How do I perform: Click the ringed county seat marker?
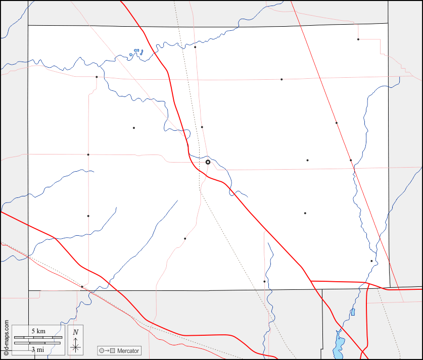click(x=208, y=162)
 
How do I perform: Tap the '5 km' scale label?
click(x=38, y=331)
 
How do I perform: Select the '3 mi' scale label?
click(x=37, y=349)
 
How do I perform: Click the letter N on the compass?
click(x=75, y=332)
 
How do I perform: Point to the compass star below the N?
click(x=75, y=346)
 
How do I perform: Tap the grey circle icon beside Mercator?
click(x=102, y=350)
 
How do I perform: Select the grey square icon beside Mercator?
click(x=113, y=350)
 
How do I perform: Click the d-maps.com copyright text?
click(x=6, y=339)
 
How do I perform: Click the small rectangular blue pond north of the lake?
click(x=353, y=312)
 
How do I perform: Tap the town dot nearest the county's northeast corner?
click(x=358, y=39)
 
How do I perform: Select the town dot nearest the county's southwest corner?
click(x=82, y=286)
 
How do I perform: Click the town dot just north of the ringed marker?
click(x=202, y=127)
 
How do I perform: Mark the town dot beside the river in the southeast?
click(x=371, y=261)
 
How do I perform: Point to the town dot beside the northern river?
click(x=195, y=47)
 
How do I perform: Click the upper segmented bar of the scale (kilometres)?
click(x=38, y=337)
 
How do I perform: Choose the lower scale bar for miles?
click(x=38, y=343)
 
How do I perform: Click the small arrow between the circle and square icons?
click(x=107, y=350)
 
